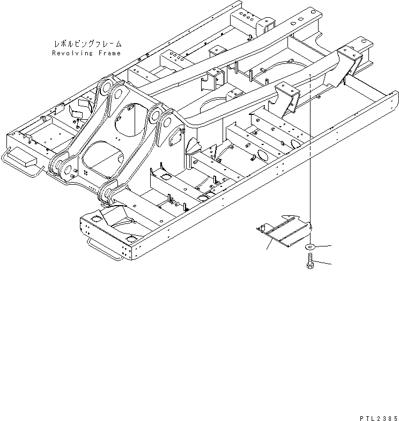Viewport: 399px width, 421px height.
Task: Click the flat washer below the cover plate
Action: (311, 247)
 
